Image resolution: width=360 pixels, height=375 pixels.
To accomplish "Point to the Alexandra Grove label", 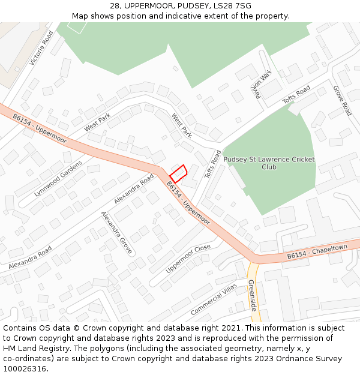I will pyautogui.click(x=116, y=233).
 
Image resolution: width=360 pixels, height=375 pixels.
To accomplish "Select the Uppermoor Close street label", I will pyautogui.click(x=188, y=259).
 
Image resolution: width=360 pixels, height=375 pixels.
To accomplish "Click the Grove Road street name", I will pyautogui.click(x=342, y=100).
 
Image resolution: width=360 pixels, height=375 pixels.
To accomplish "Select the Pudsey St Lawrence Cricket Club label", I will pyautogui.click(x=269, y=163).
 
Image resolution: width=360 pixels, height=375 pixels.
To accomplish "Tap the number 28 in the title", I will pyautogui.click(x=115, y=6).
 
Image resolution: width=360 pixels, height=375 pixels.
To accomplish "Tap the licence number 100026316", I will pyautogui.click(x=25, y=369).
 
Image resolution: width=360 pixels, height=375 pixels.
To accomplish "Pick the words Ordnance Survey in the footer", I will pyautogui.click(x=315, y=359).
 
